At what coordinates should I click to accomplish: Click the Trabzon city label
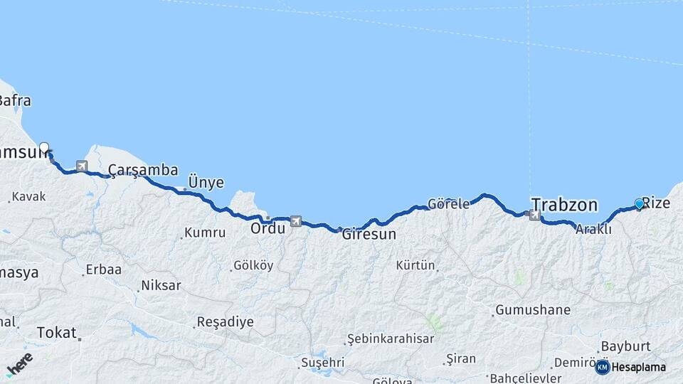pyautogui.click(x=564, y=205)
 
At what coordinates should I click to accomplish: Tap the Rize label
pyautogui.click(x=656, y=203)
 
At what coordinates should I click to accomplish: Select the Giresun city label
pyautogui.click(x=369, y=234)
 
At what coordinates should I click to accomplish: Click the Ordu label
pyautogui.click(x=268, y=228)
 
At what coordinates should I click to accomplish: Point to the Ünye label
pyautogui.click(x=206, y=183)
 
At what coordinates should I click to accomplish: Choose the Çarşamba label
pyautogui.click(x=143, y=170)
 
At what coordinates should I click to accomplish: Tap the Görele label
pyautogui.click(x=448, y=204)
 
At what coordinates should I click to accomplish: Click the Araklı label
pyautogui.click(x=593, y=229)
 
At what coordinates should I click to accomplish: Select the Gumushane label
pyautogui.click(x=533, y=310)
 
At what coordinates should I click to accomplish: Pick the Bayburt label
pyautogui.click(x=626, y=346)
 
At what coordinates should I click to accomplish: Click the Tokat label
pyautogui.click(x=56, y=331)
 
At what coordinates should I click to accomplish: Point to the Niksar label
pyautogui.click(x=161, y=285)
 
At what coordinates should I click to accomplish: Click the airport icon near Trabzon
pyautogui.click(x=534, y=215)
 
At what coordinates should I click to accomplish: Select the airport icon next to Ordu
pyautogui.click(x=295, y=221)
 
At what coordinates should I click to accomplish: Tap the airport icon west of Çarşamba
pyautogui.click(x=82, y=166)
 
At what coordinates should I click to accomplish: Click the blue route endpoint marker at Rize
pyautogui.click(x=639, y=204)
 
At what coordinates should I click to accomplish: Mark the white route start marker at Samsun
pyautogui.click(x=44, y=148)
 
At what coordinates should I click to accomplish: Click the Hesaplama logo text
pyautogui.click(x=638, y=367)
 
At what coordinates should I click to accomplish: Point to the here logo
pyautogui.click(x=19, y=364)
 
